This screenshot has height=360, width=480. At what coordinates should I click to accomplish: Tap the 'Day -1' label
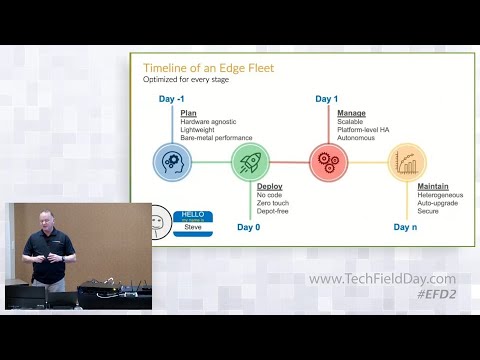click(174, 100)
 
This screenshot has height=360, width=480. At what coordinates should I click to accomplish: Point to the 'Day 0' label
click(249, 228)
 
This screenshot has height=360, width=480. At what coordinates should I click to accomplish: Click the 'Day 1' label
click(327, 99)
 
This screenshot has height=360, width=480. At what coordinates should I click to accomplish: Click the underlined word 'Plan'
click(188, 114)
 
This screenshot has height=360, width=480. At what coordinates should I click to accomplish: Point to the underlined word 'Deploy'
click(269, 187)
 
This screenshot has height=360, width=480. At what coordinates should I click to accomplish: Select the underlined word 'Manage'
click(351, 113)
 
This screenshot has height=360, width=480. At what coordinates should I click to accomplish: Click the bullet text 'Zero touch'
click(275, 203)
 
